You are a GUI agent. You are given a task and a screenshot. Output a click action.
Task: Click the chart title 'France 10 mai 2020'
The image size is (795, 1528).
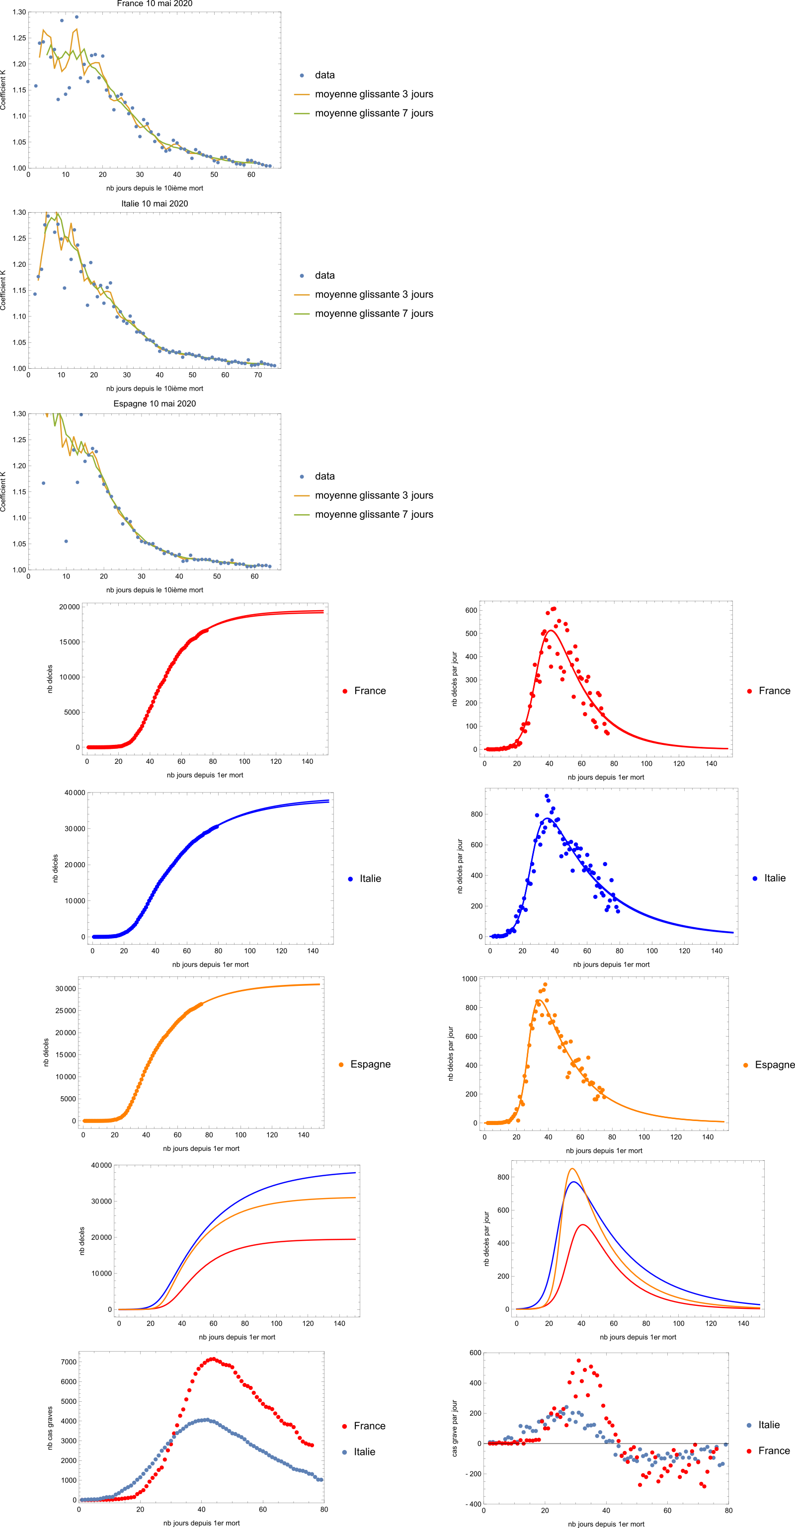(154, 3)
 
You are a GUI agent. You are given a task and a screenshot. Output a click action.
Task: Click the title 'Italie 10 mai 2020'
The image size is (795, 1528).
(154, 203)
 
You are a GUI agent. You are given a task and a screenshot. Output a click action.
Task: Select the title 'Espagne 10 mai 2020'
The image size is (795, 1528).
(154, 403)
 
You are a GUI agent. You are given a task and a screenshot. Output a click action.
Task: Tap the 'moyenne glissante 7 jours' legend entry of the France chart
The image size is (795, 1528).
(374, 113)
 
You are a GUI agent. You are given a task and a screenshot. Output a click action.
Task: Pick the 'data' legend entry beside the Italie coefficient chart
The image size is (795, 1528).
(324, 275)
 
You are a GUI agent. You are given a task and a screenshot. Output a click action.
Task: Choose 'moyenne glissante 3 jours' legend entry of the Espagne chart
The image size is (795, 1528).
(374, 495)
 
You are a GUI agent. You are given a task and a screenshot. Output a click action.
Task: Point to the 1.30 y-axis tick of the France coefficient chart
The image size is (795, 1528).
(19, 12)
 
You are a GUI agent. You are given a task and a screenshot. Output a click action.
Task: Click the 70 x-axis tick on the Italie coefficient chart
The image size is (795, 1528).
(258, 375)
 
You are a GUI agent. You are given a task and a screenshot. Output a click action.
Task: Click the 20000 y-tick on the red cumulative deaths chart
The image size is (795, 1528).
(69, 607)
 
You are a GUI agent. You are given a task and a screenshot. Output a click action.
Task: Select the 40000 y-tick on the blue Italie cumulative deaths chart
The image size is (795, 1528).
(75, 793)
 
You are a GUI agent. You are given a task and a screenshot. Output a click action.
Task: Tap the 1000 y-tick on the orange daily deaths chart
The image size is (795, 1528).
(469, 979)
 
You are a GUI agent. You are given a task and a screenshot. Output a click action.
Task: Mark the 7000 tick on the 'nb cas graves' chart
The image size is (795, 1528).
(69, 1362)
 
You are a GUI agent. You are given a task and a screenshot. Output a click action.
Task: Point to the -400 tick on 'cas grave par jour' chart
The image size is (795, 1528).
(474, 1504)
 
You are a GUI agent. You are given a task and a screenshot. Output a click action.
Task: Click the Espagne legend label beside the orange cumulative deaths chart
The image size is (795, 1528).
(370, 1064)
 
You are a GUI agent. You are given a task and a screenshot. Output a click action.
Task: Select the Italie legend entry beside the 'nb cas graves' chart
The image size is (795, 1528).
(364, 1451)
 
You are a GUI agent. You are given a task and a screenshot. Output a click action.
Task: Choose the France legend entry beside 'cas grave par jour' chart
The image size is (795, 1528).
(774, 1450)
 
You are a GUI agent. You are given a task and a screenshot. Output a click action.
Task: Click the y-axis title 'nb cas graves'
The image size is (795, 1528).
(50, 1428)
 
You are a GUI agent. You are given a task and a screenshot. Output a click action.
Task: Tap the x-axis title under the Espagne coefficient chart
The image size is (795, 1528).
(154, 590)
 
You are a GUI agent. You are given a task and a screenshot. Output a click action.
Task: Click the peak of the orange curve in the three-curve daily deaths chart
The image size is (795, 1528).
(572, 1169)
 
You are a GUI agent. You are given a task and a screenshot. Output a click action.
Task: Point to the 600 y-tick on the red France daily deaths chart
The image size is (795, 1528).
(471, 610)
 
